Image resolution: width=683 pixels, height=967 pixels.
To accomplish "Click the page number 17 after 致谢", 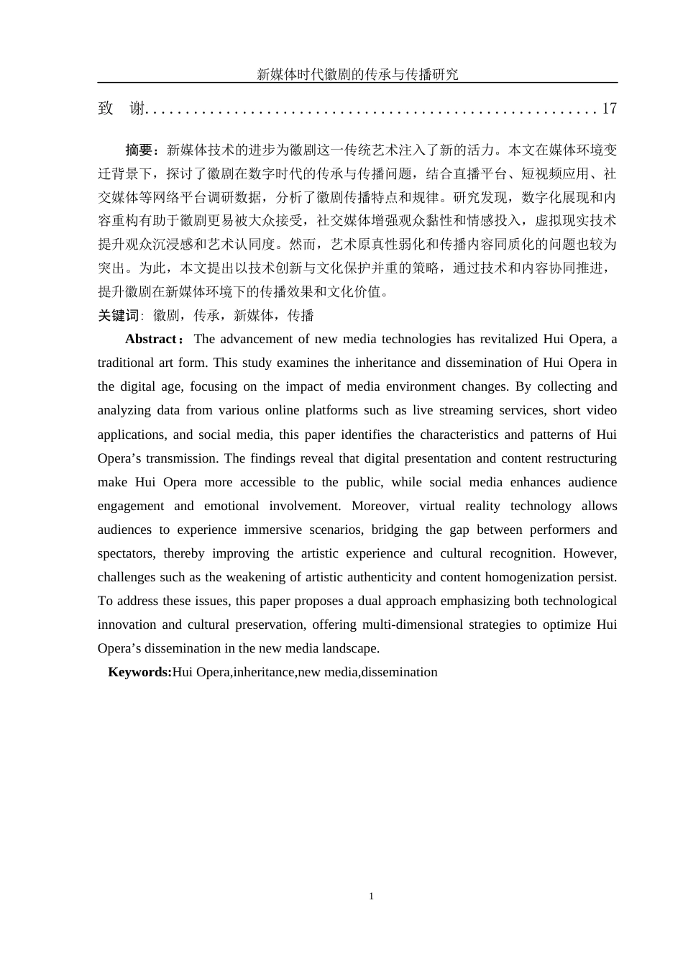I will [609, 109].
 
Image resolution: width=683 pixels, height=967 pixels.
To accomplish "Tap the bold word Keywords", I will [139, 672].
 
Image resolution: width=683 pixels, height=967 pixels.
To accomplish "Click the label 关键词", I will [118, 315].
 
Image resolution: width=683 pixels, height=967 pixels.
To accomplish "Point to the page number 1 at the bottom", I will [371, 896].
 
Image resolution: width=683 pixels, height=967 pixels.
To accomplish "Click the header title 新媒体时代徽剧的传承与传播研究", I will [357, 74].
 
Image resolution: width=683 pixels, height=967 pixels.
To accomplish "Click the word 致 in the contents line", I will [106, 109].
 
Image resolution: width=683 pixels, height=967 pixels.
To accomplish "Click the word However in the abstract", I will [590, 553].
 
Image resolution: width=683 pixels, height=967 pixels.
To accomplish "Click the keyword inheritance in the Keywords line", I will [264, 672].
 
